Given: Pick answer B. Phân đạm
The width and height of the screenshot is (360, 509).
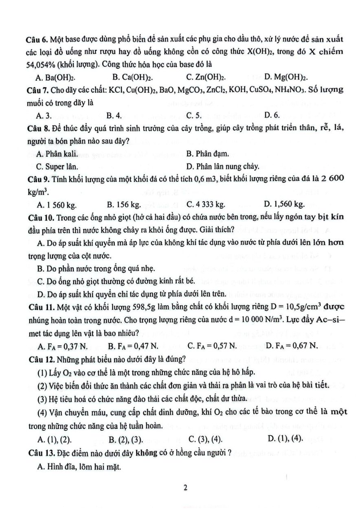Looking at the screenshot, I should coord(207,154).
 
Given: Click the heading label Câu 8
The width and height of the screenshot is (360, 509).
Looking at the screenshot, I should coord(39,129).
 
